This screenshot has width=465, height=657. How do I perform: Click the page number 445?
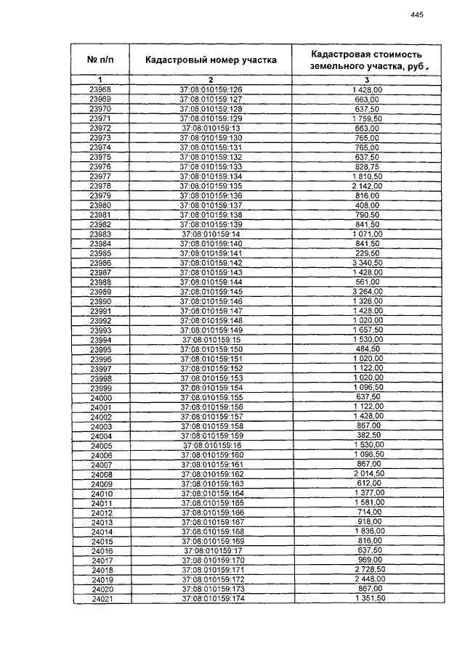[x=416, y=15]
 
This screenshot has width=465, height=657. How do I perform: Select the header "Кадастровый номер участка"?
[x=211, y=60]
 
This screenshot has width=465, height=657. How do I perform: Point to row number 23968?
[x=100, y=89]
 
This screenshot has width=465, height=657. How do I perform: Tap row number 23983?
[x=100, y=234]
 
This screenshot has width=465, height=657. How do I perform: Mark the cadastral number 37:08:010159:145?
[x=211, y=291]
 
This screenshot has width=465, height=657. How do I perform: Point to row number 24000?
[x=101, y=397]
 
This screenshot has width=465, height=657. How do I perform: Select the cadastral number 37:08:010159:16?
[x=211, y=445]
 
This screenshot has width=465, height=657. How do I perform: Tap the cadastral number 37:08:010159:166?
[x=211, y=512]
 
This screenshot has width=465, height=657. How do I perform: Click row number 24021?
[x=101, y=598]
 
